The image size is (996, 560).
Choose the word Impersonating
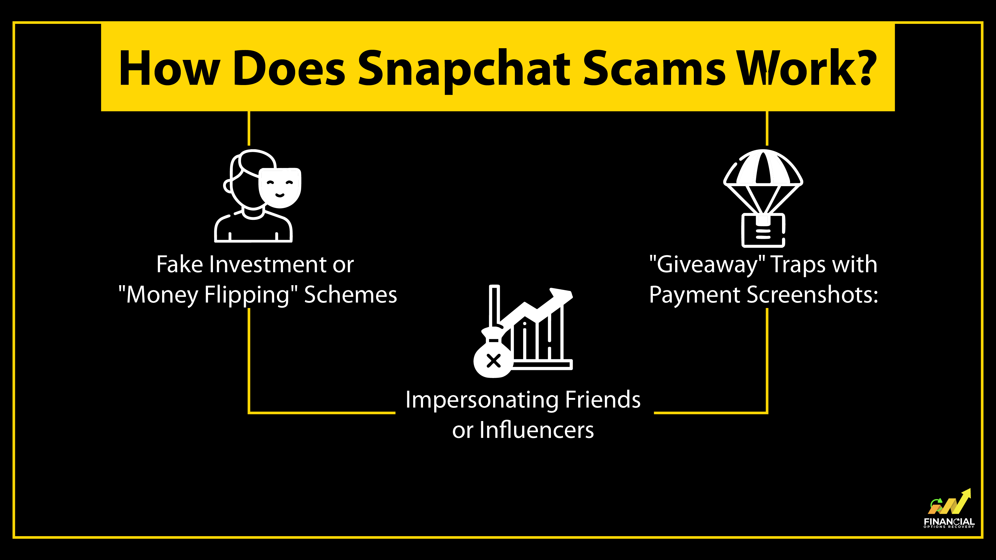pyautogui.click(x=482, y=400)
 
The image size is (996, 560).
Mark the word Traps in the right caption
pyautogui.click(x=798, y=265)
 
